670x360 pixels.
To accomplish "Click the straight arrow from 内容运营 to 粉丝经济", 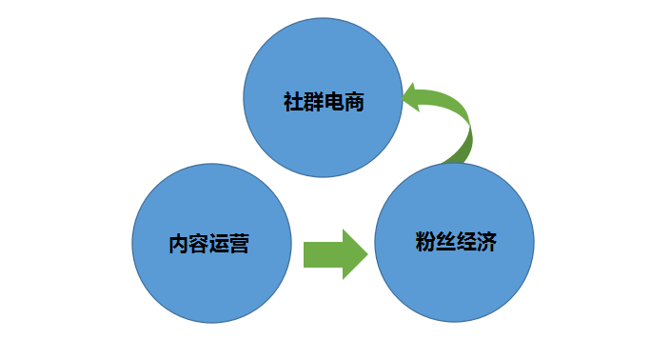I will click(x=334, y=254).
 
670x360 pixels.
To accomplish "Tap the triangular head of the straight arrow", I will click(x=354, y=254).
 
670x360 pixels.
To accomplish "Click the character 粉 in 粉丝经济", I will click(x=424, y=241).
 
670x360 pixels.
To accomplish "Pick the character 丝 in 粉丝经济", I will click(x=444, y=241).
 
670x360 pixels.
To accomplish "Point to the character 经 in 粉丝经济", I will click(x=465, y=241).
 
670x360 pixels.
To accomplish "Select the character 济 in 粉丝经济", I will click(x=485, y=241).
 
